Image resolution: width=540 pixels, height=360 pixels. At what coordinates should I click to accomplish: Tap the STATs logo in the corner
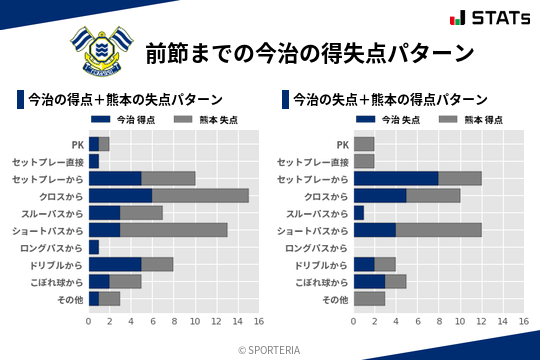coord(490,18)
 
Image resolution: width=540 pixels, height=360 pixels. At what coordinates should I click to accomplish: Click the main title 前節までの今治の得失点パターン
coord(309,52)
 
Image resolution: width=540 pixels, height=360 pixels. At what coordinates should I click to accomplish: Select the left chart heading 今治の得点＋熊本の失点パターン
coord(124,100)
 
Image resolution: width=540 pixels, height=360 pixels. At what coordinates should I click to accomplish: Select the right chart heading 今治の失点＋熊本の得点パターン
coord(390,100)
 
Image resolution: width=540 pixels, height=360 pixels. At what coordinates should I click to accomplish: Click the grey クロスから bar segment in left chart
coord(200,195)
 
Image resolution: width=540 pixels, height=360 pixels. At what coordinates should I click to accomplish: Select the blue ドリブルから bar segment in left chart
coord(115,264)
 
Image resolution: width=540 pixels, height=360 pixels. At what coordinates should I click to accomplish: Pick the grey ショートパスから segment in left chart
coord(174,230)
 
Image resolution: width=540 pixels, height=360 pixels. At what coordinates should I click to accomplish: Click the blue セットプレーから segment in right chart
coord(396,178)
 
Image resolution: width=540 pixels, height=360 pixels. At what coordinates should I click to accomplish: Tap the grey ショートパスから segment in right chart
coord(439,230)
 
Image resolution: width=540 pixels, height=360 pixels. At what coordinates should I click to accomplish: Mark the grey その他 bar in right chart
coord(370,299)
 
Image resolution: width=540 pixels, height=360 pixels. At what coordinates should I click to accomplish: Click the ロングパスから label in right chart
coord(317,247)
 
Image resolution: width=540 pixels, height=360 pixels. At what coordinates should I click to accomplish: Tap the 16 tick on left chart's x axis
coord(258,322)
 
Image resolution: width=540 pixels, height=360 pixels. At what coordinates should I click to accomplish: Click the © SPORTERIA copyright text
coord(270,349)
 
